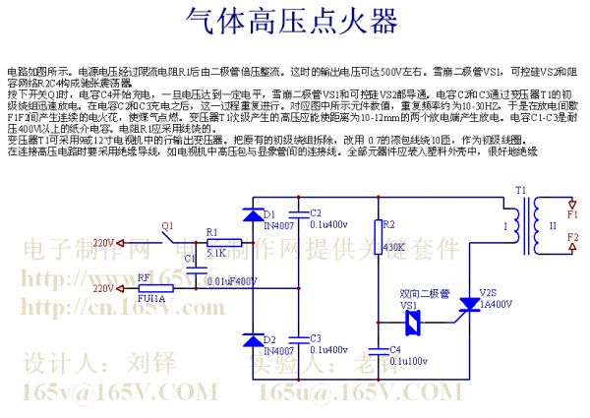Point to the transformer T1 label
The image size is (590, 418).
coord(521,188)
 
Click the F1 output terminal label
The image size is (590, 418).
coord(573,211)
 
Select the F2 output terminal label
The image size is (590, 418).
coord(573,239)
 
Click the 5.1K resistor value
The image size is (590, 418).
coord(215,253)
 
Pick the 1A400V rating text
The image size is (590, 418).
coord(495,305)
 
